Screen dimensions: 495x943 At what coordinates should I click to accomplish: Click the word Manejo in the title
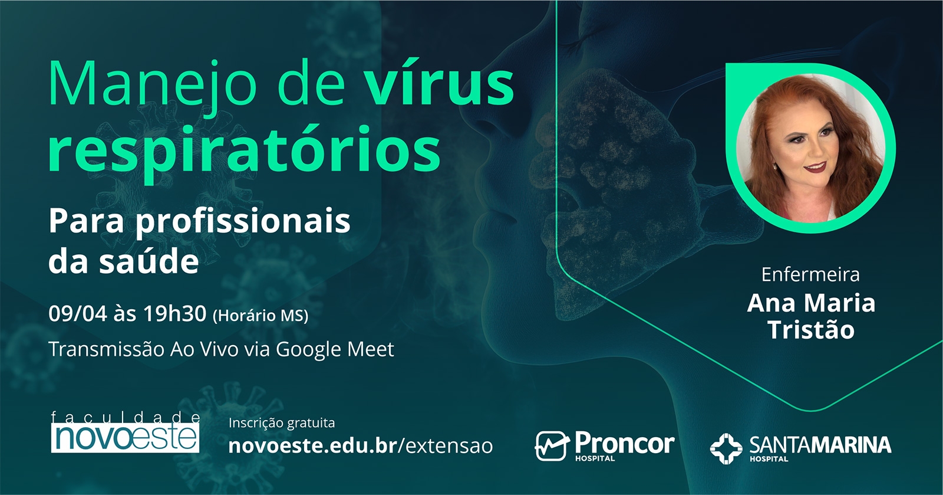[152, 84]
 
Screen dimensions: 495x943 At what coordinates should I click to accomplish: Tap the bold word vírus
[438, 84]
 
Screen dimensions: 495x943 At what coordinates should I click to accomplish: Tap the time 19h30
[174, 314]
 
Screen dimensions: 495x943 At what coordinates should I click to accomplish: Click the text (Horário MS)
[260, 316]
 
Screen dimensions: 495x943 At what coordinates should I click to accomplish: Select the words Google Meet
[334, 349]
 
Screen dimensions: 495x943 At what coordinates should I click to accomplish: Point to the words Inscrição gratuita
[281, 423]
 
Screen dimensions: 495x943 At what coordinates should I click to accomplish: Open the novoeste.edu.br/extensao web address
[360, 445]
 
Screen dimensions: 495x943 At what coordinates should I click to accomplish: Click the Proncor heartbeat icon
[552, 445]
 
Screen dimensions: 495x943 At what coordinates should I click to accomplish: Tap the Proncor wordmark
[624, 443]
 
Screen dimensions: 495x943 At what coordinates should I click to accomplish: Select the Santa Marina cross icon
[726, 448]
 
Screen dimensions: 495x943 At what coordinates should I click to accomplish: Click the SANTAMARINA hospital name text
[820, 445]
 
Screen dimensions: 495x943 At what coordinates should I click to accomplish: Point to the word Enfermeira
[810, 274]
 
